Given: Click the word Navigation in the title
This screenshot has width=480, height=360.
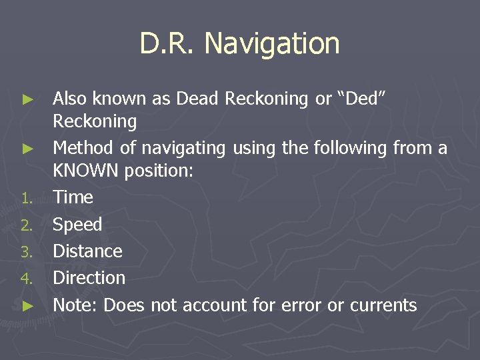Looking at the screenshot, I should (x=272, y=44).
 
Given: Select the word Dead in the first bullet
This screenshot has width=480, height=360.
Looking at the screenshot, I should (x=198, y=99).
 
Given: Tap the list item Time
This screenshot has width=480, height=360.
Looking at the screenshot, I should (x=73, y=197).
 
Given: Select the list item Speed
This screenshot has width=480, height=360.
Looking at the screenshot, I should (x=77, y=225).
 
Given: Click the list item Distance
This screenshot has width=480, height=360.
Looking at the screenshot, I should (x=87, y=251).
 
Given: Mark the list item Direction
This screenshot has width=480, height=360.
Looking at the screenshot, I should (x=89, y=278).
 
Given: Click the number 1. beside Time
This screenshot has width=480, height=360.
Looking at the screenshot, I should (x=27, y=198).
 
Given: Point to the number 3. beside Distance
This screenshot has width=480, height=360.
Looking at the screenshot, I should (x=27, y=252).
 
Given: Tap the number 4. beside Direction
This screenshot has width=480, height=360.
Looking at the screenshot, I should (x=27, y=279).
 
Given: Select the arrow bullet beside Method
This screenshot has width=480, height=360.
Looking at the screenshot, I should (x=27, y=147).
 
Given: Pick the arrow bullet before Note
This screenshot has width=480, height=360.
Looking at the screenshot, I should (x=27, y=306).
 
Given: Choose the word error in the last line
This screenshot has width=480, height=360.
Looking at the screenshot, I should (x=301, y=306).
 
